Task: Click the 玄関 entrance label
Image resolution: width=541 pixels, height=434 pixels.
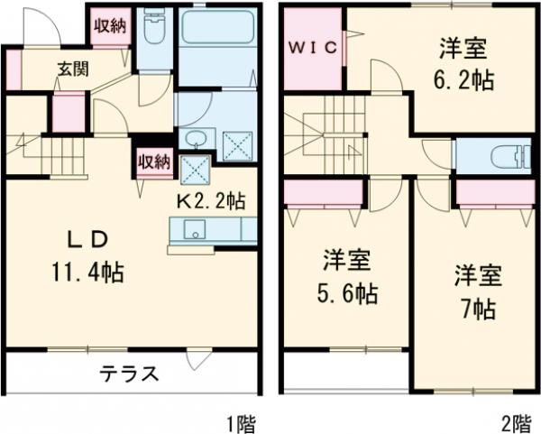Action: (74, 69)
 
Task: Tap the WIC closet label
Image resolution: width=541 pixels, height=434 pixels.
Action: (314, 49)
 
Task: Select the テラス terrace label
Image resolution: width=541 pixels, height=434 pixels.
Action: (129, 373)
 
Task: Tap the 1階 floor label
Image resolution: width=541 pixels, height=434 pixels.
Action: (241, 421)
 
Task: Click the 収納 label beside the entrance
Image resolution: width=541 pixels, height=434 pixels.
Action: (110, 26)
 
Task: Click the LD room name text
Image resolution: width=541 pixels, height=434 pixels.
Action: (90, 238)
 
